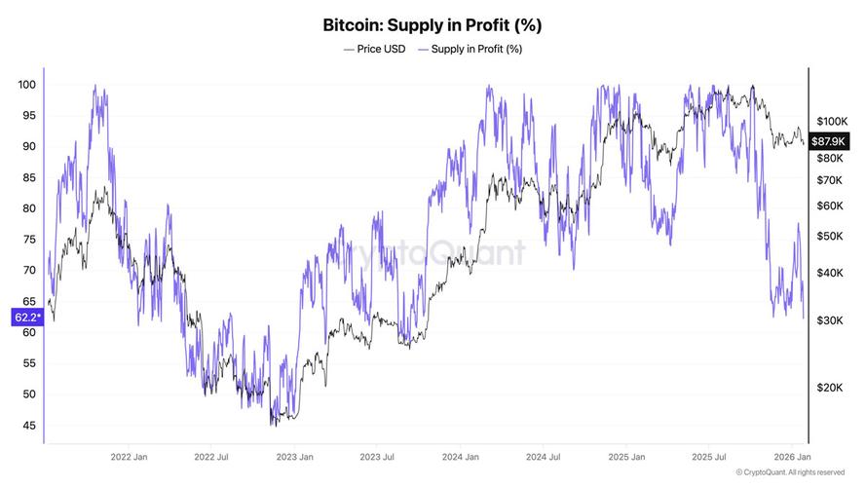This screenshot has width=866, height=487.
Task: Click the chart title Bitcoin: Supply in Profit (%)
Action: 432,25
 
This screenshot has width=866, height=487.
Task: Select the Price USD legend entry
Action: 374,49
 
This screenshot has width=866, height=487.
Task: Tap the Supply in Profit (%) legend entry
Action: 470,49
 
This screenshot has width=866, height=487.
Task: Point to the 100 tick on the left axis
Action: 26,85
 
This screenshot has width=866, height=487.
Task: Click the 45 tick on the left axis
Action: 28,426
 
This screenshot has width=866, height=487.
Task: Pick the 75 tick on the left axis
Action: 28,239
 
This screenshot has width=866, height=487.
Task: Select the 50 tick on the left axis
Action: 28,394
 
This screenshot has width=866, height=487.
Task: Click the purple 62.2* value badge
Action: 27,317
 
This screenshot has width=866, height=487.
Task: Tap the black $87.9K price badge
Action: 828,141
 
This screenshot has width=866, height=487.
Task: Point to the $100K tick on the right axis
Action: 832,122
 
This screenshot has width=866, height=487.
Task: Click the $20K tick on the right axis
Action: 830,388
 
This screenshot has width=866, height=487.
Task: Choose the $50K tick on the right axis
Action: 830,237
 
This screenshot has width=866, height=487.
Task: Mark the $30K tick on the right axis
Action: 830,320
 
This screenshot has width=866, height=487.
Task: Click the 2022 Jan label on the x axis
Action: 129,457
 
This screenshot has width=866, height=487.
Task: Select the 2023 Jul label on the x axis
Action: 377,457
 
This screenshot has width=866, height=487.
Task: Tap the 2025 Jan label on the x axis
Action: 626,457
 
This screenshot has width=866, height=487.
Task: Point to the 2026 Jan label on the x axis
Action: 793,457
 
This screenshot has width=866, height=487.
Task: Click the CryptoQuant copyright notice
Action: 790,472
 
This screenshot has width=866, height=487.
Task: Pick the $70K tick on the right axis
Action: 830,180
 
